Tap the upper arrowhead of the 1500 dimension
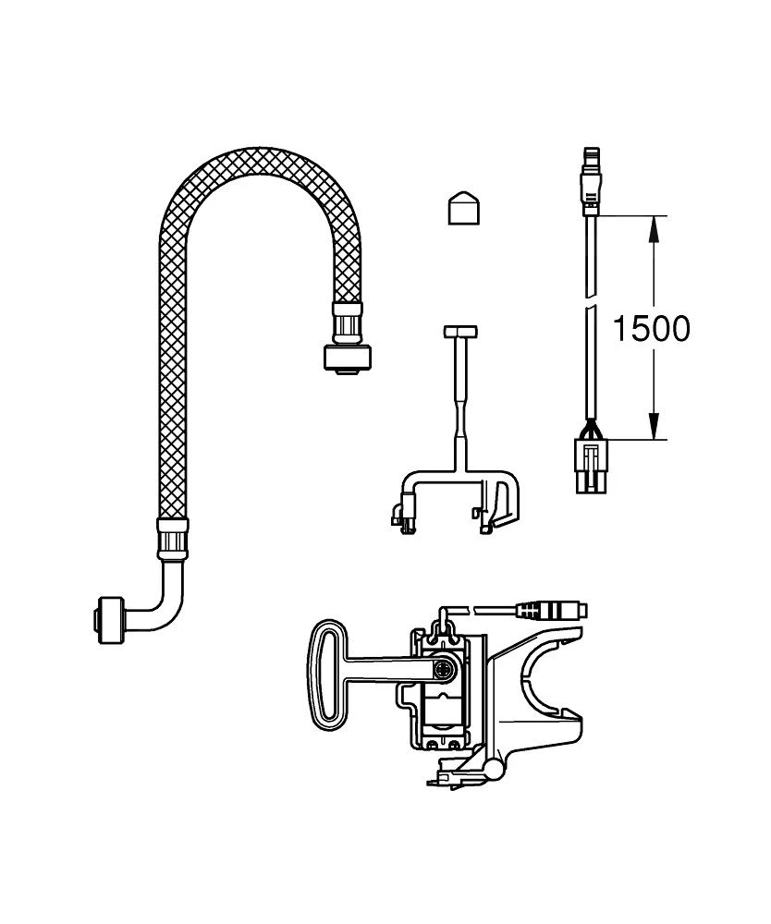point(654,227)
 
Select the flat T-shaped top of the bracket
point(459,330)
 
